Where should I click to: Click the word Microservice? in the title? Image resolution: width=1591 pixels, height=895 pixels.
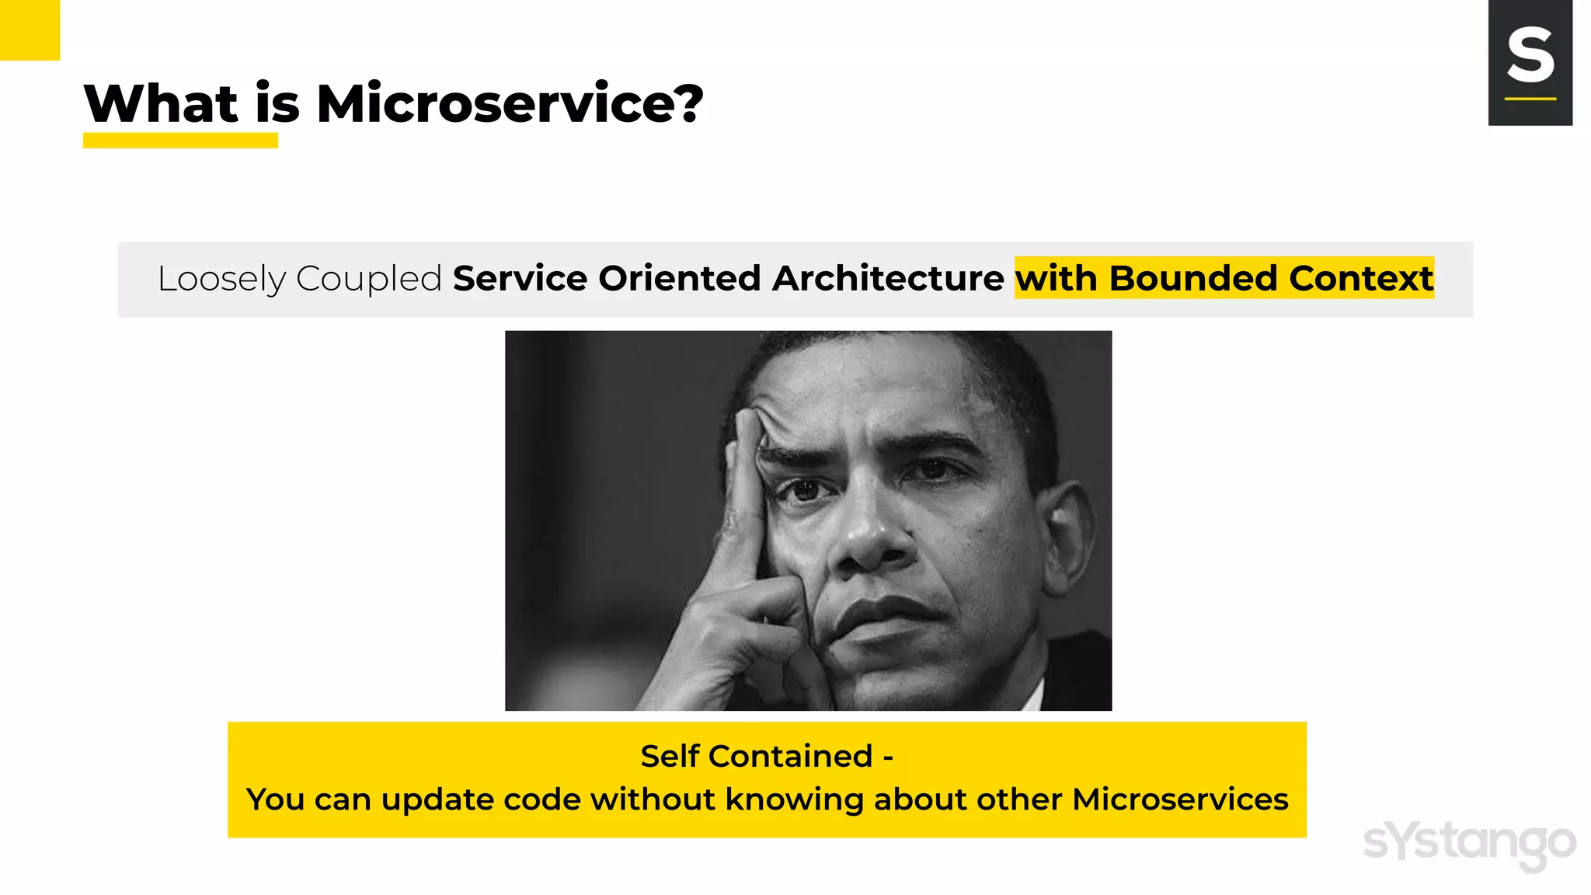pyautogui.click(x=510, y=104)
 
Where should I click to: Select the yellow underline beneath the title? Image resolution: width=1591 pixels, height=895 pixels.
pyautogui.click(x=180, y=141)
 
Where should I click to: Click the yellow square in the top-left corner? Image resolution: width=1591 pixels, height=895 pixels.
pyautogui.click(x=30, y=30)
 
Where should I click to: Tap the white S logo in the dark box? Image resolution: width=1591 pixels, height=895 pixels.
pyautogui.click(x=1530, y=55)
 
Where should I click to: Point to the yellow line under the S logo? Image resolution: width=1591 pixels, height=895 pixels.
pyautogui.click(x=1530, y=99)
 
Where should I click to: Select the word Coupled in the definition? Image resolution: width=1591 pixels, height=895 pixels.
pyautogui.click(x=369, y=279)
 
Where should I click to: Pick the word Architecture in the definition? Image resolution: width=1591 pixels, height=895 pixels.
pyautogui.click(x=888, y=279)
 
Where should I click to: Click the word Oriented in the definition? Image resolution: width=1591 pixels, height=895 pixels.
pyautogui.click(x=679, y=279)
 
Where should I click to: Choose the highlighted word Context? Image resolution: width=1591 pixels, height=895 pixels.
pyautogui.click(x=1361, y=279)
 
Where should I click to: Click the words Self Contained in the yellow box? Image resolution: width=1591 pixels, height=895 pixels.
pyautogui.click(x=756, y=756)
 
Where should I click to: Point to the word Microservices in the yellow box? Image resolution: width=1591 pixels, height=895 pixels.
pyautogui.click(x=1180, y=799)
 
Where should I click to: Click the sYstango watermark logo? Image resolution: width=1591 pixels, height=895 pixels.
pyautogui.click(x=1469, y=844)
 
